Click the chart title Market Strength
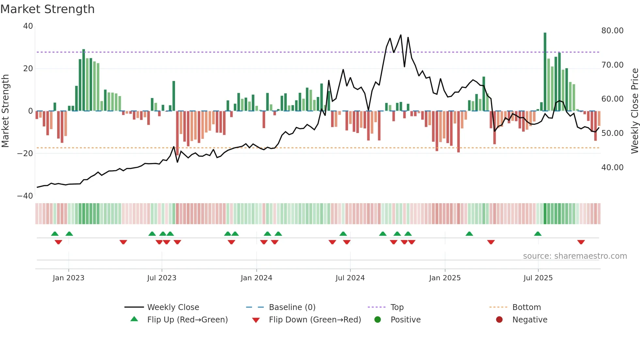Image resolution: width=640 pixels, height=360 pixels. click(x=48, y=9)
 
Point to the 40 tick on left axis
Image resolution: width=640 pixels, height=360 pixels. click(x=28, y=26)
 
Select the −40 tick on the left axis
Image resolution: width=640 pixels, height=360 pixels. click(x=25, y=196)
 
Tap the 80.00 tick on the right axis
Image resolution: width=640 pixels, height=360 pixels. click(x=612, y=31)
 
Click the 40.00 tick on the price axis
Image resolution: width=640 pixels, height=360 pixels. click(x=612, y=168)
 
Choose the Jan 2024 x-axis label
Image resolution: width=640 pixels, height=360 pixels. click(x=256, y=278)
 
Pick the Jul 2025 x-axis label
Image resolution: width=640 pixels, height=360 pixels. click(x=538, y=278)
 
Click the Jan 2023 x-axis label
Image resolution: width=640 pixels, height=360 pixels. click(x=69, y=278)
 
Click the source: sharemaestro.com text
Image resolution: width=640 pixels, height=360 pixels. click(x=575, y=256)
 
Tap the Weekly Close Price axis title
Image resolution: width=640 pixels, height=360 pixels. click(x=634, y=111)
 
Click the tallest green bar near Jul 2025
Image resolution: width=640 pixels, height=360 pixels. click(x=545, y=72)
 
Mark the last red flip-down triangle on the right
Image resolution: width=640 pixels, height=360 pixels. click(x=581, y=242)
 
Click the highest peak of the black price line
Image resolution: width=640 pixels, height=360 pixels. click(x=401, y=35)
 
